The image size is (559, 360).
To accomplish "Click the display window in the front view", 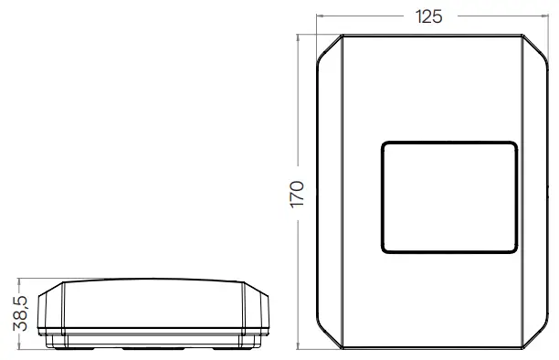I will click(448, 196).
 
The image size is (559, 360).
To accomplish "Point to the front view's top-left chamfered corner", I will click(328, 47).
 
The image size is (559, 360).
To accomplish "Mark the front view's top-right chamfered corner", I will click(539, 47).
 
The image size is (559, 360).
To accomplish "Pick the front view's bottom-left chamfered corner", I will click(328, 339).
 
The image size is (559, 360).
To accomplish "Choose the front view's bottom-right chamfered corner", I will click(539, 339).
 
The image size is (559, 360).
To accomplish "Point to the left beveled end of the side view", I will click(54, 312).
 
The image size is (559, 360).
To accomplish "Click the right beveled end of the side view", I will click(258, 312).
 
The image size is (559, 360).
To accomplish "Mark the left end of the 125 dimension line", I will click(317, 17).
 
